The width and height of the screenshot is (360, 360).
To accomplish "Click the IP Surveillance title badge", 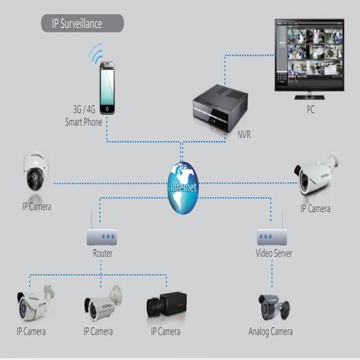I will [82, 24].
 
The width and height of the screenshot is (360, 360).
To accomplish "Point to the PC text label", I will [310, 110].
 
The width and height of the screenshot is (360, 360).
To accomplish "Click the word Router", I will [102, 254].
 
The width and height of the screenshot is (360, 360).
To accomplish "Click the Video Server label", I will [274, 254].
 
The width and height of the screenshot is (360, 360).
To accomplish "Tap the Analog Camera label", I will [271, 331].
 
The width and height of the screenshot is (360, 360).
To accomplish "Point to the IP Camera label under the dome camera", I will [37, 206].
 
